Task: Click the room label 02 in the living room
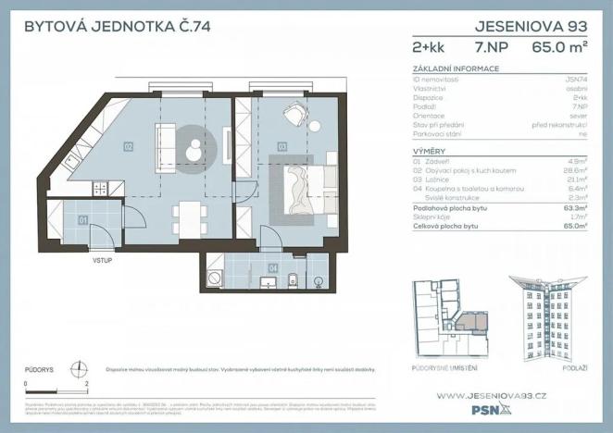click(x=128, y=146)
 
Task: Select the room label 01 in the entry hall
click(x=82, y=220)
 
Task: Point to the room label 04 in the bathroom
click(x=272, y=268)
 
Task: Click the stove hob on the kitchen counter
click(x=100, y=189)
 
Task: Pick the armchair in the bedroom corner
click(x=294, y=114)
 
